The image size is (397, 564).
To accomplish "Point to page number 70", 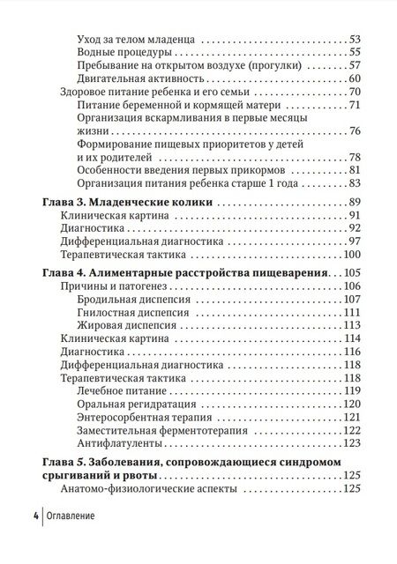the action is (x=356, y=93).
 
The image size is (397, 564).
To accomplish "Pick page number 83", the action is (x=356, y=183).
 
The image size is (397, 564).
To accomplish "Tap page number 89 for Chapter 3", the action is (x=356, y=203).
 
